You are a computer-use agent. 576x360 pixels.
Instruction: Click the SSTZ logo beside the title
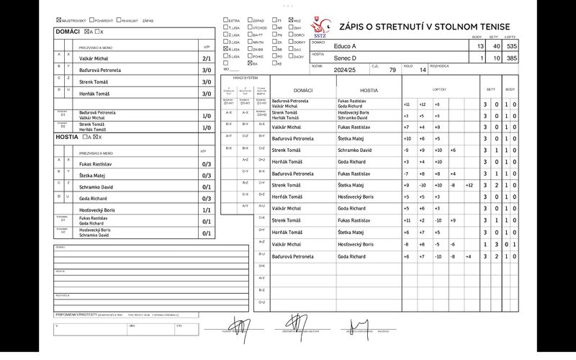(x=320, y=27)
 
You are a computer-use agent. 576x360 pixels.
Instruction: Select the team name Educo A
(x=346, y=46)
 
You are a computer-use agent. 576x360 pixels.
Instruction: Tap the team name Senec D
(x=346, y=58)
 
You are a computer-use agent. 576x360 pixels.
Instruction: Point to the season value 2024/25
(x=346, y=70)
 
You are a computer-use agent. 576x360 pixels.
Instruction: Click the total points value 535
(x=512, y=46)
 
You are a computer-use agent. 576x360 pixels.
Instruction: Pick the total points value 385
(x=512, y=58)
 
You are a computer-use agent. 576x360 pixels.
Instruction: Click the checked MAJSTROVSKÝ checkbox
(x=58, y=21)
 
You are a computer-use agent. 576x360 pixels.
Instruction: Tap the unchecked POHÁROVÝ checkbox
(x=90, y=21)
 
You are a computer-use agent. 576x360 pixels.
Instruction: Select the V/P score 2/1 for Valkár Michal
(x=206, y=58)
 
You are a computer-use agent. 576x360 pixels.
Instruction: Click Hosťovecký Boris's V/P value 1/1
(x=206, y=210)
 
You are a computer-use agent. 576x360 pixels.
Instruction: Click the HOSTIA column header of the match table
(x=369, y=91)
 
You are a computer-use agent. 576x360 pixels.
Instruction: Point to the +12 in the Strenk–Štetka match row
(x=469, y=185)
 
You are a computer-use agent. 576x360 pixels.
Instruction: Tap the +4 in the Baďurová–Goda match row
(x=468, y=256)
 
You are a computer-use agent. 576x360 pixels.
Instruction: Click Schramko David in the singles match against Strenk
(x=356, y=150)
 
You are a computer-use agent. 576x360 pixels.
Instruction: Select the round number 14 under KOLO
(x=423, y=71)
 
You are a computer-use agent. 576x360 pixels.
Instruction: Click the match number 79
(x=392, y=71)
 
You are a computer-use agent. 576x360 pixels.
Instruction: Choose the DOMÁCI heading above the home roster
(x=68, y=32)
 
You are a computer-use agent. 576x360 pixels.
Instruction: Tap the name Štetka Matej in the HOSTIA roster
(x=93, y=175)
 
